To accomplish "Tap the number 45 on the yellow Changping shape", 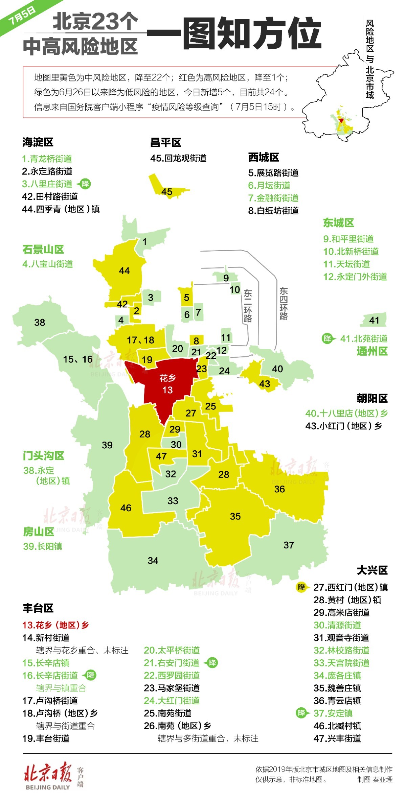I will click(167, 192).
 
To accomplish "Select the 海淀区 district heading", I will click(38, 142).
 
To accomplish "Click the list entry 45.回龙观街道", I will click(178, 158).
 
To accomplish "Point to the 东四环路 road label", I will click(284, 304).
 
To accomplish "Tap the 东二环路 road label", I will click(248, 306).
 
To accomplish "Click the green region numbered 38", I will click(40, 323).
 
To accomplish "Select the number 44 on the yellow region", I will click(124, 271).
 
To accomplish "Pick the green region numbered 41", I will click(374, 320).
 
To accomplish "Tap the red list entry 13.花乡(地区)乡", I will click(55, 625).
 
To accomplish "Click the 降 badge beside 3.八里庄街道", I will click(85, 184).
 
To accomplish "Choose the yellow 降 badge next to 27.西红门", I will click(301, 587).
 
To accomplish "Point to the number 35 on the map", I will click(235, 516).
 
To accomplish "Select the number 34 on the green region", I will click(153, 561).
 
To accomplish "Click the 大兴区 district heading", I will click(372, 570).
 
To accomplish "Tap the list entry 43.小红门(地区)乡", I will click(344, 426).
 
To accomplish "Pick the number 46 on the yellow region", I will click(126, 508).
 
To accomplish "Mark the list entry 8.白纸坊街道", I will click(273, 211).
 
